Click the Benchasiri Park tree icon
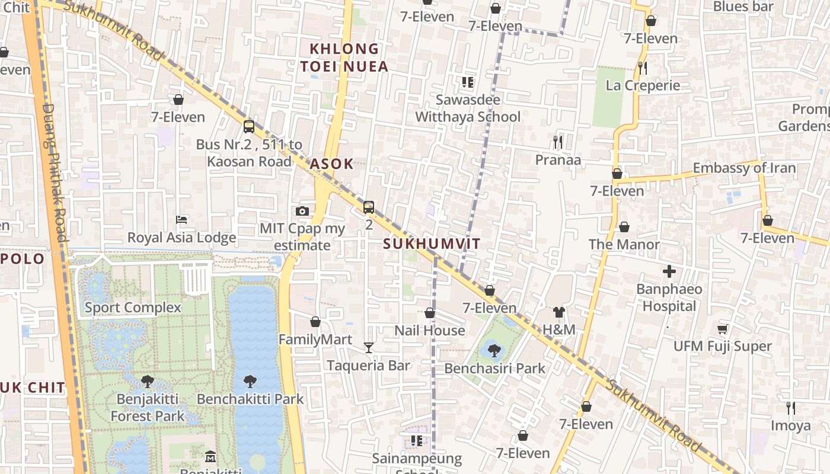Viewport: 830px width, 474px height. (x=494, y=350)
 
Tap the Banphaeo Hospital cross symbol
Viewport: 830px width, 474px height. (x=669, y=272)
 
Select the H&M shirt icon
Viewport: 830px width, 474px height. (x=558, y=312)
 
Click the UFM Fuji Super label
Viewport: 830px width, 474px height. (x=722, y=346)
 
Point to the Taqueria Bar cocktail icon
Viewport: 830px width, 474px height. (x=369, y=347)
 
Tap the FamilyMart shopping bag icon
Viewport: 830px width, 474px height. (x=315, y=322)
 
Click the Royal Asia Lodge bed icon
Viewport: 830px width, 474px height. (x=182, y=220)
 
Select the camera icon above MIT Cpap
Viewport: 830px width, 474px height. (x=302, y=211)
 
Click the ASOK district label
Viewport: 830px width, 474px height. (x=332, y=164)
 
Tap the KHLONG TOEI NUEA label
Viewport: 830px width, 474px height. (x=344, y=57)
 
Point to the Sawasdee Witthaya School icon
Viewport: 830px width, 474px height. (x=468, y=82)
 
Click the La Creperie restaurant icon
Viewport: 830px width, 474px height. (x=643, y=68)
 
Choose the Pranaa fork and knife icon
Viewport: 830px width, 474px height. (x=557, y=142)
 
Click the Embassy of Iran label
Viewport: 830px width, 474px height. (x=744, y=168)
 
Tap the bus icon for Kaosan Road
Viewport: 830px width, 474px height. (x=249, y=126)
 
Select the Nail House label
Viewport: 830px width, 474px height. (x=430, y=331)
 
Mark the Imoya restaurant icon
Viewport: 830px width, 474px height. (x=790, y=408)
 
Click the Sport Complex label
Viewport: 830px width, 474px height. (x=133, y=308)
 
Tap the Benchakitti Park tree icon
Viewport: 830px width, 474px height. (x=250, y=382)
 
